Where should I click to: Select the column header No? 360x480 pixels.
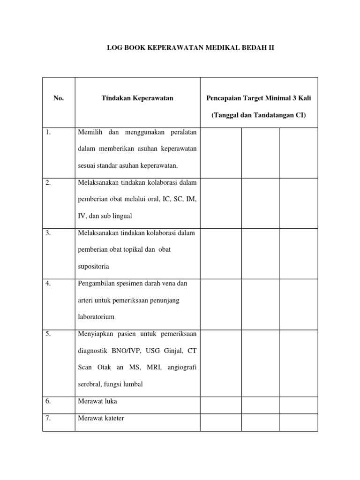tap(58, 98)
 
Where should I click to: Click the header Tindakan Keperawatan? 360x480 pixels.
tap(137, 98)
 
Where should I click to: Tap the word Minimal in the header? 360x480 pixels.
tap(278, 98)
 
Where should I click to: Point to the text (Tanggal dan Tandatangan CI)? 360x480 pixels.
tap(259, 115)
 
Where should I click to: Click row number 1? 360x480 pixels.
tap(49, 132)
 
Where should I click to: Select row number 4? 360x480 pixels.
tap(49, 283)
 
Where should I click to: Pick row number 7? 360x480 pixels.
tap(49, 418)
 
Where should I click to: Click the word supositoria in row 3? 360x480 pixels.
tap(94, 266)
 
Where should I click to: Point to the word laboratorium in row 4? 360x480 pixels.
tap(96, 317)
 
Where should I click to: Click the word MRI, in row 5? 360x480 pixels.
tap(155, 367)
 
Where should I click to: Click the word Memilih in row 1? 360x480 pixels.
tap(90, 132)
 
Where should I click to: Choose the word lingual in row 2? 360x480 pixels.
tap(122, 216)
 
